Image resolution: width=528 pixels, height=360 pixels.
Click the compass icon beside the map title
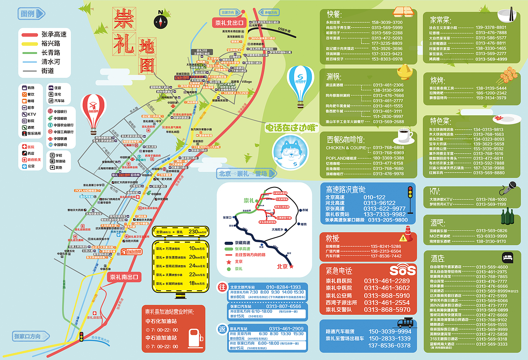click(160, 21)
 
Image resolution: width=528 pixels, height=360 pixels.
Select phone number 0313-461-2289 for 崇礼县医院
click(387, 281)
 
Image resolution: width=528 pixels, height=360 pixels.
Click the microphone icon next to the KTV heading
click(509, 188)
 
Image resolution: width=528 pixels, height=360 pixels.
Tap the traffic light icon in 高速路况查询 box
click(410, 199)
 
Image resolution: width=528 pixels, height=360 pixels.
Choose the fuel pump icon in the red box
click(195, 337)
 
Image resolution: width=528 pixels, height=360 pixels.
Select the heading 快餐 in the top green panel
click(335, 14)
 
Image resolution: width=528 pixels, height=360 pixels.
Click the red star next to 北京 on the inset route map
click(292, 267)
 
